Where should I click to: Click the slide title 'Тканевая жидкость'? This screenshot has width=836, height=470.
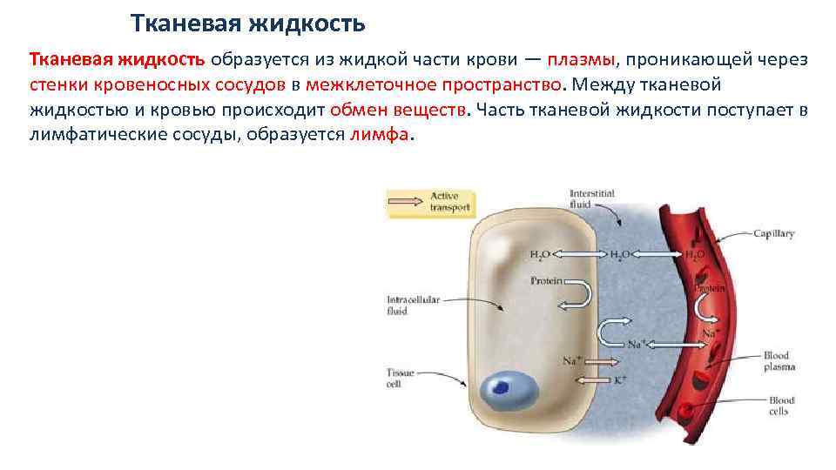tap(247, 21)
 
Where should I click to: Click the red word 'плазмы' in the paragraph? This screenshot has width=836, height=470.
tap(581, 58)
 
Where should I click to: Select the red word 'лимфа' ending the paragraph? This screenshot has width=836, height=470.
tap(377, 137)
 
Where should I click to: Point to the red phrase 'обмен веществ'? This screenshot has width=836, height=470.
tap(398, 111)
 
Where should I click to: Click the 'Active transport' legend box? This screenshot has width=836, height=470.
tap(428, 203)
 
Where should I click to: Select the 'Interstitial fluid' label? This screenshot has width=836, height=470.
tap(591, 198)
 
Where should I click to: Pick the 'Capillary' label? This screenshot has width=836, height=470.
tap(775, 234)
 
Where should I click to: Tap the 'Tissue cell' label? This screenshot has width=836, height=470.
tap(400, 378)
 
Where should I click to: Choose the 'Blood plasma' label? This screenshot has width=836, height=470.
tap(779, 361)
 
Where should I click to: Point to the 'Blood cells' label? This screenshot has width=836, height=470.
tap(778, 406)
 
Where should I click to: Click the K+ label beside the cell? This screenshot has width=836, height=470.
tap(620, 380)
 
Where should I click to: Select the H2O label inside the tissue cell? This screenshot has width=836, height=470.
tap(540, 254)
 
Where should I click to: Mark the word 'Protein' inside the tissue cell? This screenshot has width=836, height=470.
tap(546, 281)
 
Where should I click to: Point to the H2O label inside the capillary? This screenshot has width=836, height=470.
tap(694, 254)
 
